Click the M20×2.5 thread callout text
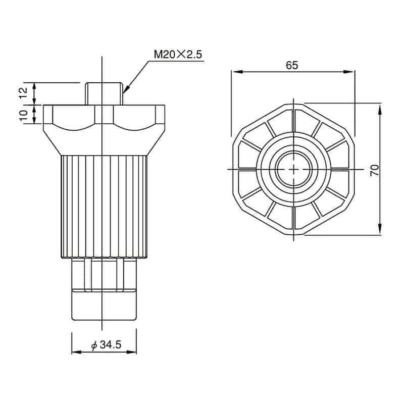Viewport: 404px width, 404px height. click(178, 55)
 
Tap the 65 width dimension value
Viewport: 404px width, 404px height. click(292, 66)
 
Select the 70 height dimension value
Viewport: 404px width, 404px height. click(375, 170)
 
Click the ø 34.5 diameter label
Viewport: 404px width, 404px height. click(106, 345)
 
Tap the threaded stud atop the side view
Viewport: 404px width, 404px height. click(104, 93)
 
